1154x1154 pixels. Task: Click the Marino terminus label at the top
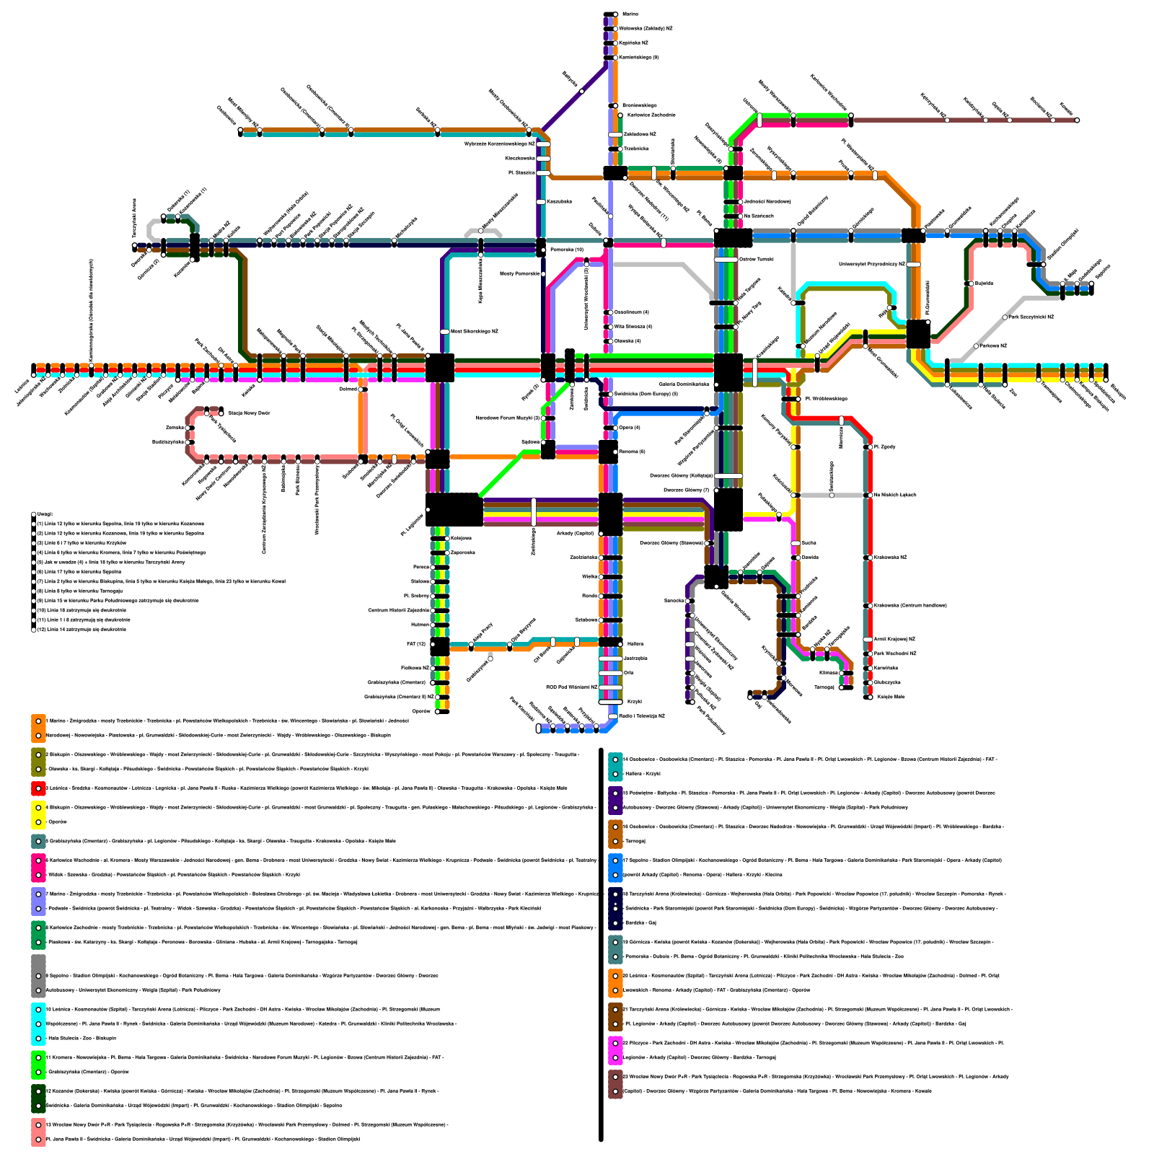pos(630,14)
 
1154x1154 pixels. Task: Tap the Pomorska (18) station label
pos(566,250)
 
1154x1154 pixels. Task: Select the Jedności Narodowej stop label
pos(767,201)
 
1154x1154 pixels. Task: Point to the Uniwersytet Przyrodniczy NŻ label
pos(871,265)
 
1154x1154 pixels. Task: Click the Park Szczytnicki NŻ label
pos(1031,317)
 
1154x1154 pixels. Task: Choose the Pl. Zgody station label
pos(885,447)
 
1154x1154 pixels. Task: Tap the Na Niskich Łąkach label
pos(895,495)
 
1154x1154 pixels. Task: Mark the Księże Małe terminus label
pos(890,697)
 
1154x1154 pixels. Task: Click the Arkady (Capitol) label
pos(575,534)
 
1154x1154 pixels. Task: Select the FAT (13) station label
pos(416,644)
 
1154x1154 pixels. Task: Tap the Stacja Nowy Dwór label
pos(250,413)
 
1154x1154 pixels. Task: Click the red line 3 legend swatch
pos(38,788)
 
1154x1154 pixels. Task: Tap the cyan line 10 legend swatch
pos(38,1023)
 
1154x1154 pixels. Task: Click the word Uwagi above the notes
pos(45,514)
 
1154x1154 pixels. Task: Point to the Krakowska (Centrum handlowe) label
pos(910,606)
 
